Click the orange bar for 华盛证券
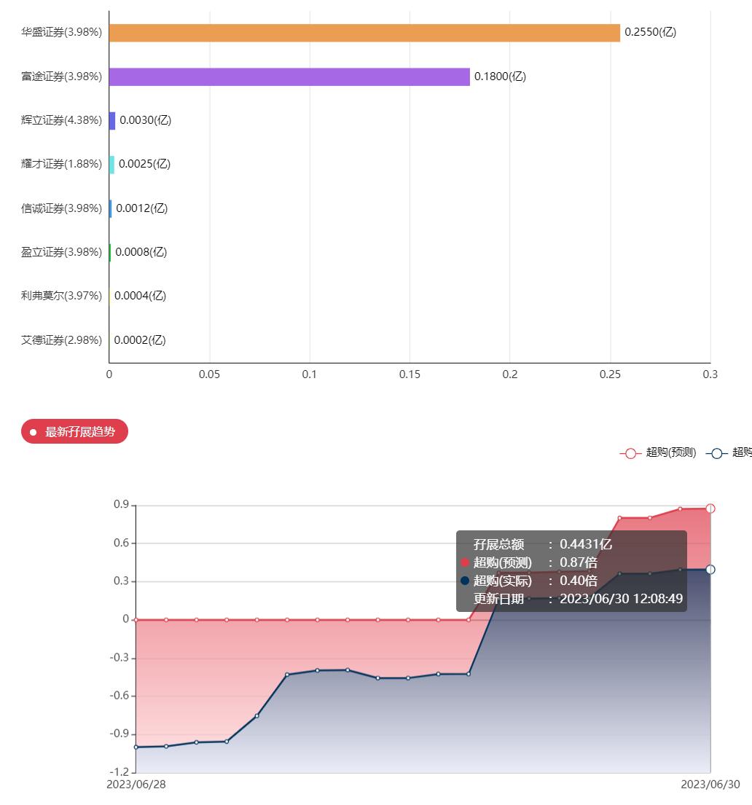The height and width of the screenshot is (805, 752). pyautogui.click(x=364, y=33)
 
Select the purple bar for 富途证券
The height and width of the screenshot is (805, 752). pyautogui.click(x=289, y=76)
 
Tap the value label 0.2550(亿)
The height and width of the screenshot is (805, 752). pyautogui.click(x=650, y=32)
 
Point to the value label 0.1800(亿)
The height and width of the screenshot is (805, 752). pyautogui.click(x=500, y=76)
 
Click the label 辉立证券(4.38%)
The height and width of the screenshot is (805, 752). pyautogui.click(x=61, y=120)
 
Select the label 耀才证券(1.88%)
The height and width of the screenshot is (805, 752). pyautogui.click(x=61, y=164)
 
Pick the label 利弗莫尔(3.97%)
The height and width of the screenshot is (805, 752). pyautogui.click(x=61, y=296)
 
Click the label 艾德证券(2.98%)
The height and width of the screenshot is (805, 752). pyautogui.click(x=61, y=339)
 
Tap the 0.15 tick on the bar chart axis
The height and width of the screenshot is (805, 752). pyautogui.click(x=410, y=374)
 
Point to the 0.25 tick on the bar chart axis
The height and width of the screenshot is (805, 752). pyautogui.click(x=610, y=374)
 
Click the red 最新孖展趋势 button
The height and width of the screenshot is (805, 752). pyautogui.click(x=74, y=432)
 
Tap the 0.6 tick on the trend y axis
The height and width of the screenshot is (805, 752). pyautogui.click(x=121, y=543)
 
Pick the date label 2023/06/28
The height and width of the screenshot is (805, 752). pyautogui.click(x=136, y=785)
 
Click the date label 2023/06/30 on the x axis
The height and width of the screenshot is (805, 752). pyautogui.click(x=710, y=785)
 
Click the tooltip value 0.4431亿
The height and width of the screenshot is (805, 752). pyautogui.click(x=586, y=544)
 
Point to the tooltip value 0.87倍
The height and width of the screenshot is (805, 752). pyautogui.click(x=579, y=562)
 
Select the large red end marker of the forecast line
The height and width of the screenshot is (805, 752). pyautogui.click(x=710, y=508)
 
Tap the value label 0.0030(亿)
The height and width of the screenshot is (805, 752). pyautogui.click(x=146, y=120)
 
